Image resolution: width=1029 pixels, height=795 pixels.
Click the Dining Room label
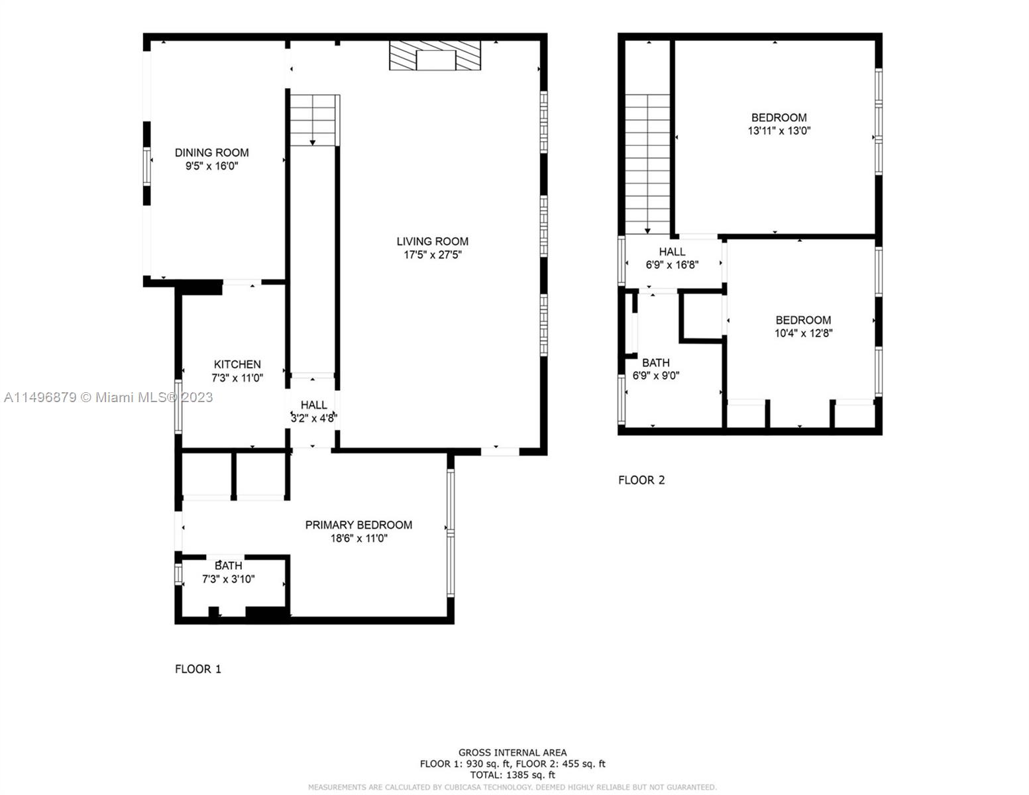(x=211, y=152)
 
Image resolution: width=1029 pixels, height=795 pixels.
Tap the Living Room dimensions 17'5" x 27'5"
(x=433, y=255)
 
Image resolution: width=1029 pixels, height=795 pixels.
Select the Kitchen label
(x=237, y=364)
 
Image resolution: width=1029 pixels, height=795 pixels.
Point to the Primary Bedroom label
(x=358, y=525)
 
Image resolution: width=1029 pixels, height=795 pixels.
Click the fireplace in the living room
(x=435, y=56)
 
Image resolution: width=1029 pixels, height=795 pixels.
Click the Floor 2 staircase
(x=647, y=164)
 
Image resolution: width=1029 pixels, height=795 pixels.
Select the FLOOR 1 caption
(x=198, y=669)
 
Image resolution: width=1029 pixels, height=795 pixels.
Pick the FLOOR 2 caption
(x=641, y=480)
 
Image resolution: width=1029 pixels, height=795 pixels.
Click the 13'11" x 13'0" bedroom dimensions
(x=779, y=131)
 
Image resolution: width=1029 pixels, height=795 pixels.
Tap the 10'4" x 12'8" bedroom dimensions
(x=803, y=333)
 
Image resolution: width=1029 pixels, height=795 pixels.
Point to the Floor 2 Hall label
(x=672, y=252)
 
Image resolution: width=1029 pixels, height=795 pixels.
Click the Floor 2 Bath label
(x=655, y=362)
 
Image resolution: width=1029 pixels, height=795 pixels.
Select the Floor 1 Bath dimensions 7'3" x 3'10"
(x=228, y=578)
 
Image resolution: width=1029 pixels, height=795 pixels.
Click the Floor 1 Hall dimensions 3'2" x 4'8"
(x=314, y=418)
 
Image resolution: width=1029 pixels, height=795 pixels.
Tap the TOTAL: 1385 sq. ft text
(x=512, y=774)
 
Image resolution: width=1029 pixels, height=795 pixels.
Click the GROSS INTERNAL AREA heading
(x=512, y=753)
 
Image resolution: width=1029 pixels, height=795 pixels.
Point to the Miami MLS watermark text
(x=109, y=397)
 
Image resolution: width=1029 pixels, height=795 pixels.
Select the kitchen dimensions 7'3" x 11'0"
(x=237, y=378)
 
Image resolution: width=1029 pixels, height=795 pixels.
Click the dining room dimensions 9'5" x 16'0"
(x=211, y=166)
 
